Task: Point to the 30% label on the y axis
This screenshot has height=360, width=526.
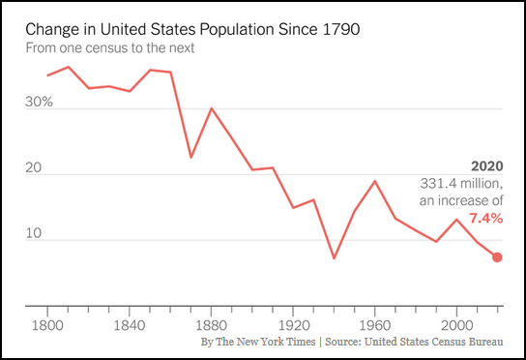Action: tap(39, 102)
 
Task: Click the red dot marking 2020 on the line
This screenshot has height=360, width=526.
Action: tap(497, 257)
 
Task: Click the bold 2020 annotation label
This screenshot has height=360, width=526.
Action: tap(485, 165)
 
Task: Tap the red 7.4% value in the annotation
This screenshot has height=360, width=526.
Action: tap(485, 218)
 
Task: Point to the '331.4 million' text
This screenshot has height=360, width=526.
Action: tap(460, 183)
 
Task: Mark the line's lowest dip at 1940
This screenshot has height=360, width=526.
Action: tap(334, 258)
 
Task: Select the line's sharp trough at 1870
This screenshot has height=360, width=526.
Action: tap(190, 157)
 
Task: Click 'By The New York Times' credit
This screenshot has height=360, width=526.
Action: tap(258, 342)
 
